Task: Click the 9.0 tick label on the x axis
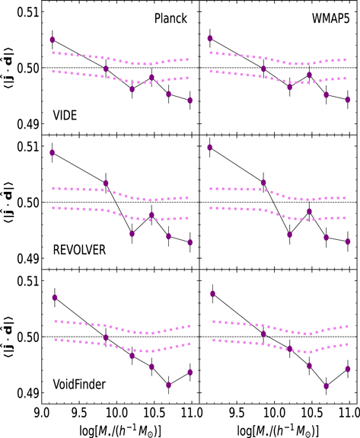point(42,412)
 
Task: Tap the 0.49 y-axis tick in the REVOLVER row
point(24,258)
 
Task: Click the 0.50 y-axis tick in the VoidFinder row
point(24,337)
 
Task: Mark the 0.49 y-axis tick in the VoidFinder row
point(24,393)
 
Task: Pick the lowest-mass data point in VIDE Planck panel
point(53,40)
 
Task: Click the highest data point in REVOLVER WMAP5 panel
point(210,147)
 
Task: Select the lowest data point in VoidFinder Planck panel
point(169,385)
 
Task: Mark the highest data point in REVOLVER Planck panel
point(53,152)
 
